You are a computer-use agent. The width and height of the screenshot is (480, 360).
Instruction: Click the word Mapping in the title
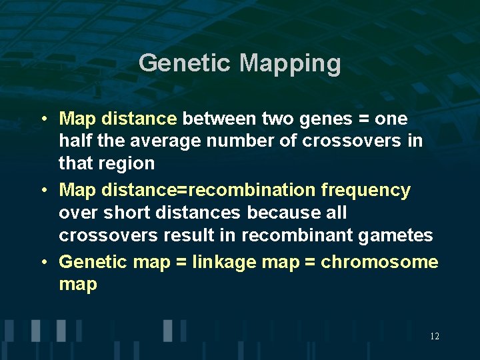click(290, 64)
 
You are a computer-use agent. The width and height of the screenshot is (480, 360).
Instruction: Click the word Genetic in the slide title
click(185, 64)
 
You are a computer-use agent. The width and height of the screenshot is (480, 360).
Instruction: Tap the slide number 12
click(435, 336)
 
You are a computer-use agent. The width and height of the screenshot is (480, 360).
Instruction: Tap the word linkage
click(223, 261)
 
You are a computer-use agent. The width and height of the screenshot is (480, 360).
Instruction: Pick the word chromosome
click(379, 261)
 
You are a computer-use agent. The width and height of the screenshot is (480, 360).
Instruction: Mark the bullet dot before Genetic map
click(43, 261)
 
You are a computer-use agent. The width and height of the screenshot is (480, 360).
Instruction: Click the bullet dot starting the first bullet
click(43, 119)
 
